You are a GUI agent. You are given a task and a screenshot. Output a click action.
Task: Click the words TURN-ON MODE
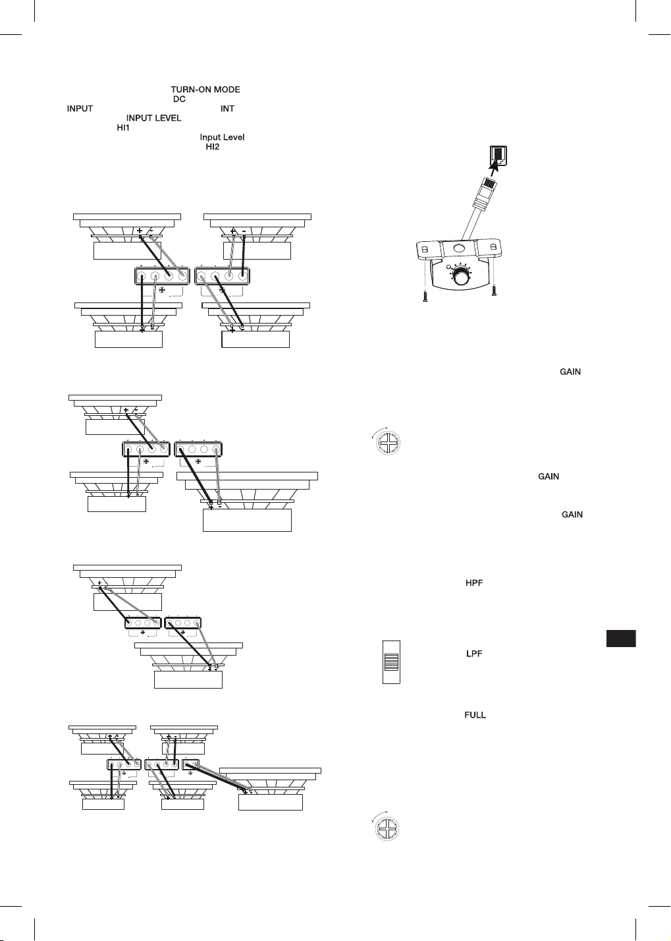tap(205, 90)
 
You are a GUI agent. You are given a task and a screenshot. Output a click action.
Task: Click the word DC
tap(179, 99)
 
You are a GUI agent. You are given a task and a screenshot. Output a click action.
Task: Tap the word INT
tap(227, 109)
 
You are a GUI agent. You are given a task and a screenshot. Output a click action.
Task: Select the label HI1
tap(123, 128)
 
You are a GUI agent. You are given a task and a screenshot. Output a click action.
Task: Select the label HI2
tap(213, 146)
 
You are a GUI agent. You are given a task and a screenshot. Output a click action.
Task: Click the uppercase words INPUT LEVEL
tap(153, 118)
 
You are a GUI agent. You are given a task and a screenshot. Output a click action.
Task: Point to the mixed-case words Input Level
tap(222, 137)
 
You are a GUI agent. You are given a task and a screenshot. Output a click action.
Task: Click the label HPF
tap(474, 583)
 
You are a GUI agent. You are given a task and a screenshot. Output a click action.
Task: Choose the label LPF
tap(474, 654)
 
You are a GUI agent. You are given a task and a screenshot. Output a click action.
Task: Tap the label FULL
tap(475, 715)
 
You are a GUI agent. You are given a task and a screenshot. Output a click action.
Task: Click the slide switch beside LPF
tap(391, 662)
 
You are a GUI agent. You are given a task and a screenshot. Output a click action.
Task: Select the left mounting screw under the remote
tap(425, 296)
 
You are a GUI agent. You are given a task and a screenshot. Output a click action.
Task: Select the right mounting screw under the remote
tap(495, 291)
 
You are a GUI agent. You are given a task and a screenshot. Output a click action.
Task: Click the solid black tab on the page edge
tap(621, 638)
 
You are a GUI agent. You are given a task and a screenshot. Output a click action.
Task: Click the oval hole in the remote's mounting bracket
tap(459, 248)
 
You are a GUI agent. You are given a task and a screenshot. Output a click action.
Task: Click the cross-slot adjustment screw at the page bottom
tap(387, 829)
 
